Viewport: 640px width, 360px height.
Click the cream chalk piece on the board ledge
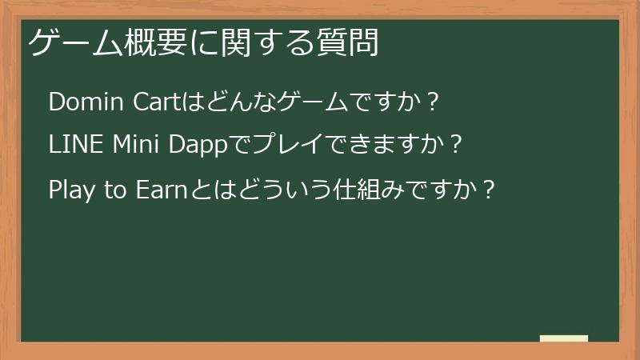pos(564,338)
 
